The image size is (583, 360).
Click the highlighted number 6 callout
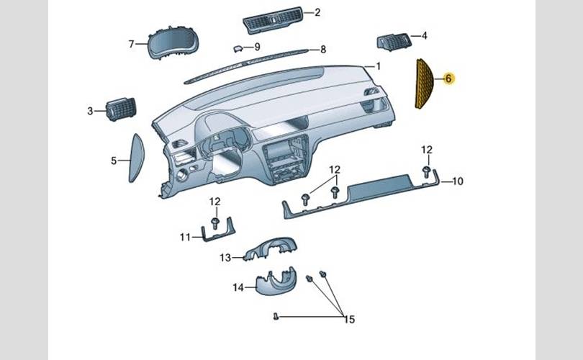pos(449,78)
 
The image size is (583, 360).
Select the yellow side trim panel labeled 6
pos(424,84)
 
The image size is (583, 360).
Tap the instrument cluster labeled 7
pos(173,42)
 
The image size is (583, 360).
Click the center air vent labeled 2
pos(273,19)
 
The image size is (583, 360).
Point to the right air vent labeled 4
pos(394,41)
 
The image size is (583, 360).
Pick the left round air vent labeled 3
pos(121,109)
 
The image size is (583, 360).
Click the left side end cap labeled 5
pos(137,158)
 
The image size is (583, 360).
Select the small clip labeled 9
pos(238,48)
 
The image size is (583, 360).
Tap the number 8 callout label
pos(323,50)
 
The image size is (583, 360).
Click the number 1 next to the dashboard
pos(379,66)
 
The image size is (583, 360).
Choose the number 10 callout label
pos(457,181)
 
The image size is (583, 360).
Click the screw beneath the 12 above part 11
pos(215,223)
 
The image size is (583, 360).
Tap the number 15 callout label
pos(349,319)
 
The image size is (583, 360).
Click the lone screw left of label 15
pos(276,317)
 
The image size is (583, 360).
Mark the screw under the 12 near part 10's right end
pos(427,172)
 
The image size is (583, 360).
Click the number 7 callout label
pos(131,44)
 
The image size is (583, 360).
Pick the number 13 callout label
pos(225,258)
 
